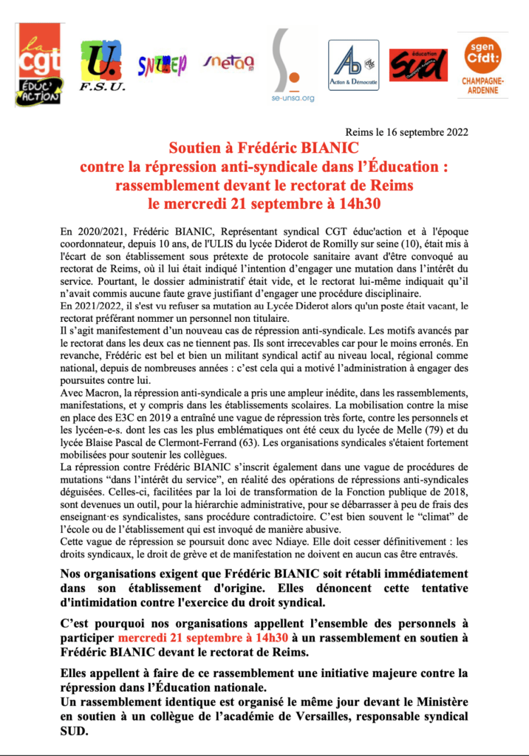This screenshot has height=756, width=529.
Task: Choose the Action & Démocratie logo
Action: pos(353,65)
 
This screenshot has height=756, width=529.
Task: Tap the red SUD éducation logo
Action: pos(417,65)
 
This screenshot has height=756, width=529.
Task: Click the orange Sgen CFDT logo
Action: pos(482,64)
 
